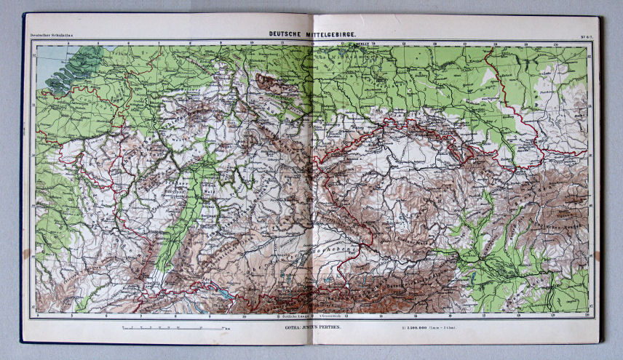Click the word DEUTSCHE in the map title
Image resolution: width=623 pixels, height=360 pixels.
click(287, 33)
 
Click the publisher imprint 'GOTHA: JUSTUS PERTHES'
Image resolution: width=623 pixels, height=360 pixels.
click(309, 328)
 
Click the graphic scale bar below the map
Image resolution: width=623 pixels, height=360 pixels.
click(174, 328)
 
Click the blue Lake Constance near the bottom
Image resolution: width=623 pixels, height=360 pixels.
click(227, 297)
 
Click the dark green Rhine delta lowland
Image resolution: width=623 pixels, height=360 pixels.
click(87, 58)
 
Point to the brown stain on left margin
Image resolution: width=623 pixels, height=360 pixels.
click(26, 254)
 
